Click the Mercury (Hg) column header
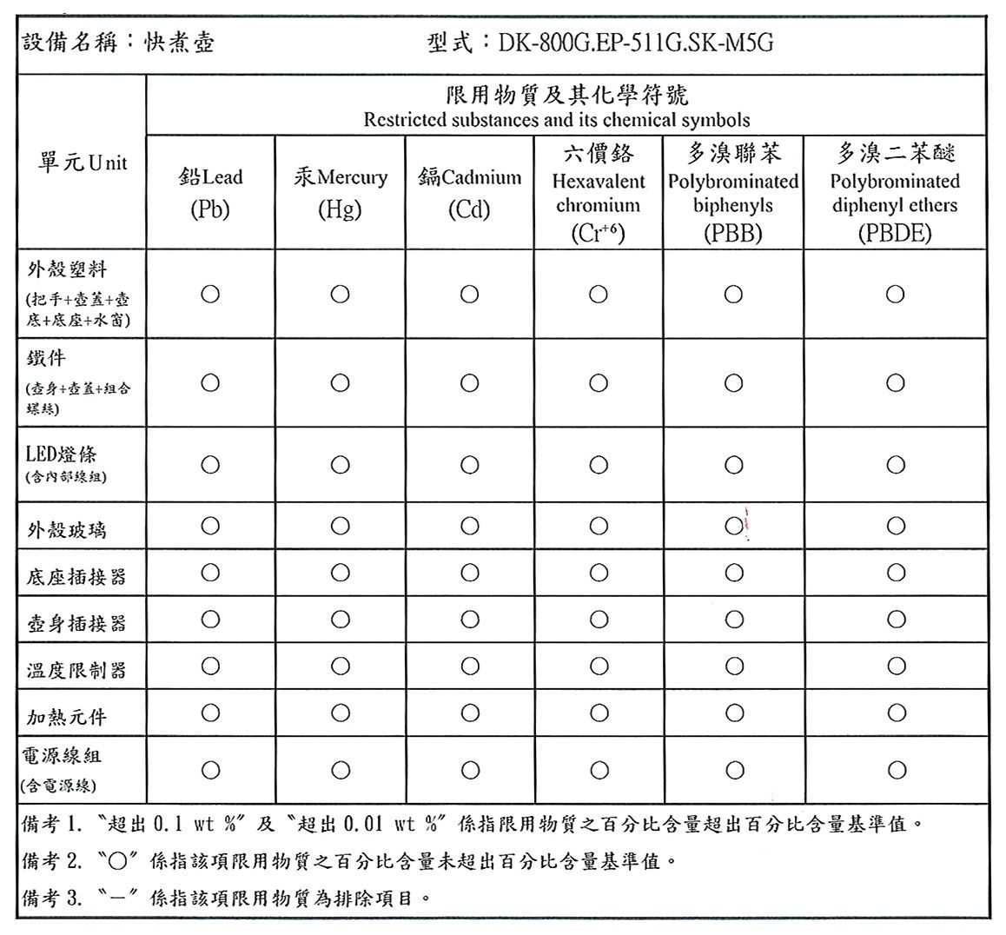click(340, 193)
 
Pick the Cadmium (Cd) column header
click(469, 193)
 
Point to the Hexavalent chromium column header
click(599, 193)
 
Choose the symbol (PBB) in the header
click(733, 233)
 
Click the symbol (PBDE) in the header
click(894, 233)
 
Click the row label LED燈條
click(62, 454)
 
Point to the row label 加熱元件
click(67, 718)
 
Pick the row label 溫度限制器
click(76, 670)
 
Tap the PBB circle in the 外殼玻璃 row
click(733, 526)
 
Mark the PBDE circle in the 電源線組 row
click(896, 770)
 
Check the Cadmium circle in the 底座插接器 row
click(469, 573)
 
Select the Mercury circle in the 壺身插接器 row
click(340, 620)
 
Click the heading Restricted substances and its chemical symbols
click(556, 120)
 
